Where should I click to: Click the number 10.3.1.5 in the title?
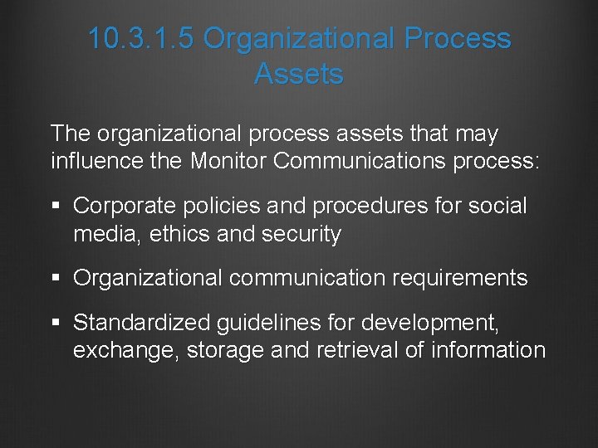[x=140, y=39]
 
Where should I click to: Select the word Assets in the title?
[x=299, y=74]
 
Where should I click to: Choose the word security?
[x=301, y=235]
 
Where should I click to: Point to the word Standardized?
[x=143, y=321]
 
